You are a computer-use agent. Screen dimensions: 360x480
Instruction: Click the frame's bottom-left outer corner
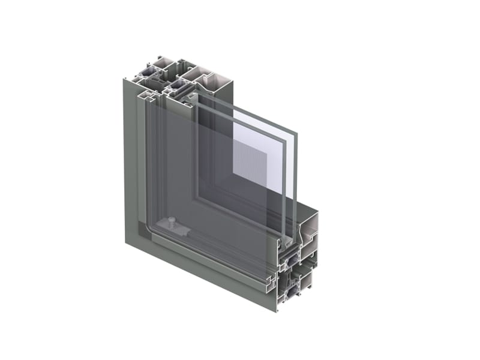point(126,243)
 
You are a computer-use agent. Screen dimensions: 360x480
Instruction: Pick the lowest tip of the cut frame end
point(277,311)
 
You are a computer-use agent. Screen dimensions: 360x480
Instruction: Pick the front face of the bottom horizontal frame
point(204,270)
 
